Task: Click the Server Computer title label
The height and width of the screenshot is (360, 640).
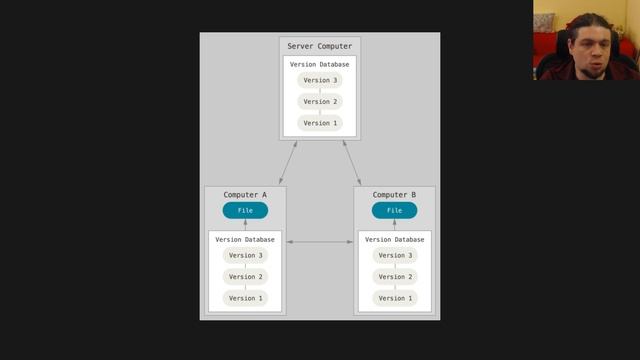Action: pyautogui.click(x=320, y=45)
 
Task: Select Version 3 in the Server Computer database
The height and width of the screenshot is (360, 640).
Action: pyautogui.click(x=320, y=80)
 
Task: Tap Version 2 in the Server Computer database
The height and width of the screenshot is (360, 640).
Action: pyautogui.click(x=320, y=101)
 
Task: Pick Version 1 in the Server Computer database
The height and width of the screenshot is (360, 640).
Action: pyautogui.click(x=320, y=123)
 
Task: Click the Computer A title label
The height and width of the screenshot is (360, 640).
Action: pyautogui.click(x=245, y=195)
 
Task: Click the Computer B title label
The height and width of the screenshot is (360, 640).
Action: pyautogui.click(x=395, y=195)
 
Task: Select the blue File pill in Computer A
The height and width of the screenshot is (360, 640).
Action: pyautogui.click(x=245, y=210)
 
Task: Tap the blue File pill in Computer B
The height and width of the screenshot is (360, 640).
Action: pyautogui.click(x=395, y=210)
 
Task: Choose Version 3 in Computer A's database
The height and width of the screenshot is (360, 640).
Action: pyautogui.click(x=245, y=255)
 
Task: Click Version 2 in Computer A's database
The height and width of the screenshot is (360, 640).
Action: pyautogui.click(x=245, y=277)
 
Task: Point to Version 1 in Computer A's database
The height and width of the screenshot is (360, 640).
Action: pyautogui.click(x=245, y=298)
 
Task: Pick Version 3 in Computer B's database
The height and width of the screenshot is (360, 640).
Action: pyautogui.click(x=395, y=255)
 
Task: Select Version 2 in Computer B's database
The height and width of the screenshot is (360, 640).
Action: pyautogui.click(x=395, y=277)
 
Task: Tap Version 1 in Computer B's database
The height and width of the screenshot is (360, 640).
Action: pyautogui.click(x=395, y=298)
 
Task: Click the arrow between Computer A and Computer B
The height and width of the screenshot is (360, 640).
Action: pyautogui.click(x=320, y=242)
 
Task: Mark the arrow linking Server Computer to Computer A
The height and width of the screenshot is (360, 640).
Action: pyautogui.click(x=288, y=162)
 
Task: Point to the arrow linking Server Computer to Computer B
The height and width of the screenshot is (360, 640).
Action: pyautogui.click(x=352, y=162)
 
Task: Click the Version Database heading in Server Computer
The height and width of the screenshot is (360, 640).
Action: pyautogui.click(x=320, y=64)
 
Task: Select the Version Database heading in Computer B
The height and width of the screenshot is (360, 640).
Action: pyautogui.click(x=395, y=240)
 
